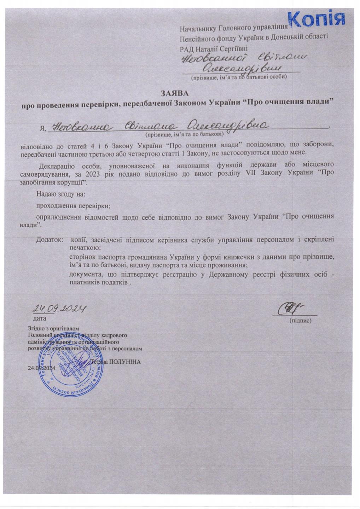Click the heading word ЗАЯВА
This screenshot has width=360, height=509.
pos(175,94)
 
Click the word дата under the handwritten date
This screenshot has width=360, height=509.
pos(39,318)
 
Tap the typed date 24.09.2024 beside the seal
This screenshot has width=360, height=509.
pos(41,368)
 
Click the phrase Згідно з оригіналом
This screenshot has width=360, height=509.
pos(53,329)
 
